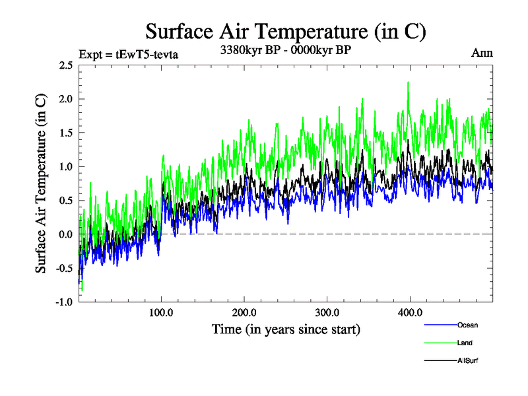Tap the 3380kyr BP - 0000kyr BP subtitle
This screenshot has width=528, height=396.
coord(285,49)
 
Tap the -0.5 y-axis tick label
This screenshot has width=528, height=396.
coord(64,268)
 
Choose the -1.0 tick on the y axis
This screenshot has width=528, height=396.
coord(64,302)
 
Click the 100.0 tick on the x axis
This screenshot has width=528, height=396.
coord(162,312)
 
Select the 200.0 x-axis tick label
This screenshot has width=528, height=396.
coord(244,312)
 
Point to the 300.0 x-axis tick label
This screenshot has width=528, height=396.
coord(327,312)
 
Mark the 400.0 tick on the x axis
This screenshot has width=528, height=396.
coord(410,312)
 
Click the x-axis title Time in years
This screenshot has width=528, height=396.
coord(286,329)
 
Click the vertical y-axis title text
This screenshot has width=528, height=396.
coord(41,183)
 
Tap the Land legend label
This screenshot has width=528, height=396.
coord(465,343)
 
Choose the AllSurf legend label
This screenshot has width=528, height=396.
coord(467,360)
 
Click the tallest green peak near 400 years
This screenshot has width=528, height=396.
coord(409,83)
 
